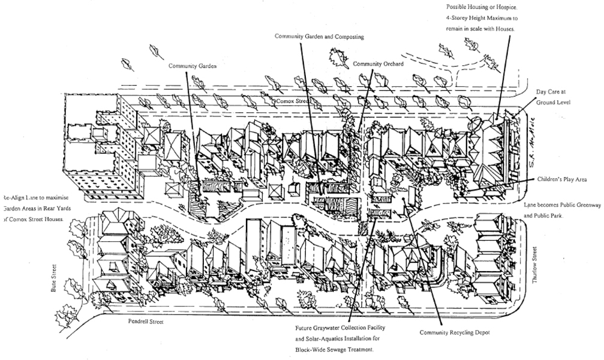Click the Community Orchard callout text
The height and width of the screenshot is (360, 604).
[x=378, y=64]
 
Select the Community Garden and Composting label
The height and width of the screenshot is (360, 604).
[x=319, y=37]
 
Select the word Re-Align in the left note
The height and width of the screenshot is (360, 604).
[x=14, y=197]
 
